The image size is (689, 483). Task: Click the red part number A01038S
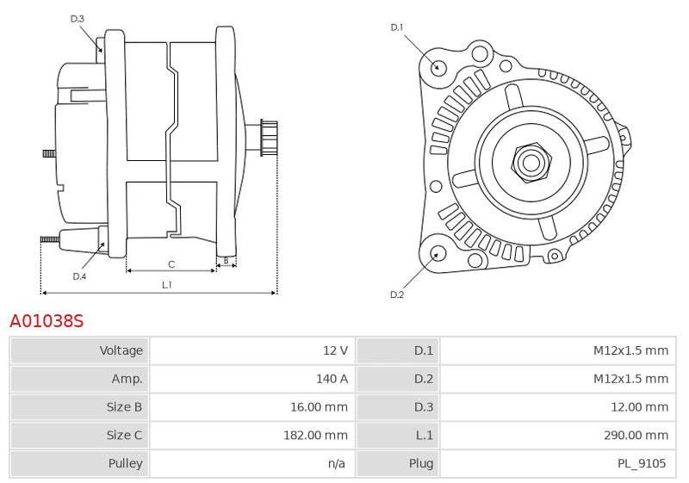tap(47, 321)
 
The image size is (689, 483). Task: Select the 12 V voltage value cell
tap(335, 350)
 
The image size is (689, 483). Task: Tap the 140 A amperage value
tap(332, 379)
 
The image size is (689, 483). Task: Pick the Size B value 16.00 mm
tap(319, 406)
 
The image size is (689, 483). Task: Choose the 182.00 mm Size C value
tap(315, 435)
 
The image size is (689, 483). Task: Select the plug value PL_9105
tap(642, 463)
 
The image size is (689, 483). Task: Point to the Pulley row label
tap(125, 463)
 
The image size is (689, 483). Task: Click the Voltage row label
tap(121, 350)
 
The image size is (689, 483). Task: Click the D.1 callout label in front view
tap(397, 28)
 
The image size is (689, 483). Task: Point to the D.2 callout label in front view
tap(397, 294)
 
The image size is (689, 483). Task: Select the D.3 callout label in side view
tap(78, 18)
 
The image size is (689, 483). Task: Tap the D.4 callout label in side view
tap(79, 276)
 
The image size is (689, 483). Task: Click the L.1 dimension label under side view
tap(166, 284)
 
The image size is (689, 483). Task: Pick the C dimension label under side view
tap(171, 264)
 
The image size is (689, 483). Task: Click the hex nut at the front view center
tap(531, 161)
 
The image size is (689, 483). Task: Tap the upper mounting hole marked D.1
tap(437, 66)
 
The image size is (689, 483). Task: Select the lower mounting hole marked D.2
tap(437, 253)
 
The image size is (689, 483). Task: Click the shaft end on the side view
tap(269, 139)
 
